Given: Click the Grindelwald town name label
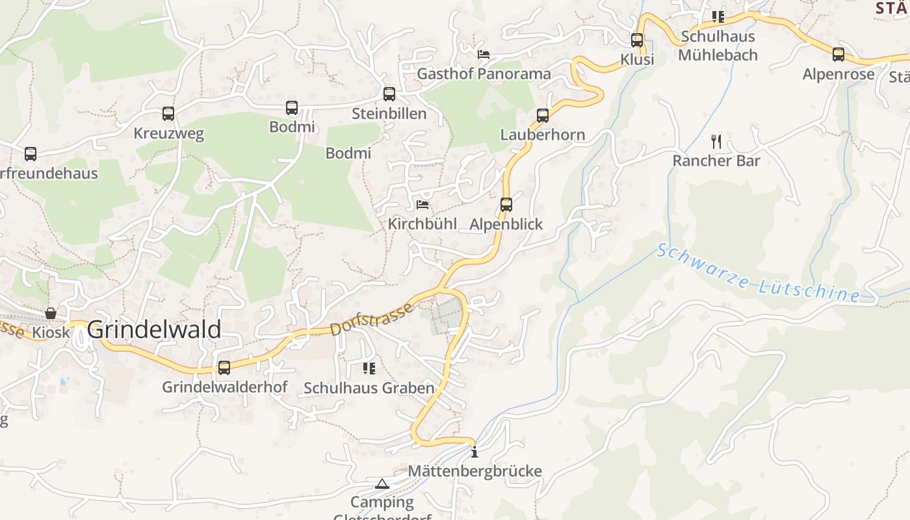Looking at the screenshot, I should point(154,330).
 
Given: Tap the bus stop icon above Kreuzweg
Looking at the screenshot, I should point(168,114).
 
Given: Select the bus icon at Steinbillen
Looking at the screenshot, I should point(389,94).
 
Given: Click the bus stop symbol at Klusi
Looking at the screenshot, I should point(637,40).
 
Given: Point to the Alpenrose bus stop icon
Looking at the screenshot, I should point(838,55).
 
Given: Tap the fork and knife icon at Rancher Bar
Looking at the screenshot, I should point(716,141).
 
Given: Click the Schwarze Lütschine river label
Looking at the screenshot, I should point(758,273).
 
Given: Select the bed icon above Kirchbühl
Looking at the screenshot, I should point(422,205).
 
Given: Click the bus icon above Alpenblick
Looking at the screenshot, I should point(506,205).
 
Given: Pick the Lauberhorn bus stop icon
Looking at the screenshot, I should point(543,116).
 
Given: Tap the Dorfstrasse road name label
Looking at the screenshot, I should point(372,319).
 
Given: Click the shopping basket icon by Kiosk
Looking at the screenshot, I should point(51,313).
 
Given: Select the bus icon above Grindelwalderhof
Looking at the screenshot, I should point(224,368).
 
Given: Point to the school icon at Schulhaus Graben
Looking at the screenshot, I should point(369,369).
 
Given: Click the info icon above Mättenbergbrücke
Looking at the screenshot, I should point(474,452).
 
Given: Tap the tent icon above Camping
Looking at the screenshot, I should point(382,484).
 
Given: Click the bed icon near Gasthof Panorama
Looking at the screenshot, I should point(484,54).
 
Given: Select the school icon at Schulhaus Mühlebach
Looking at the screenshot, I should point(718,16).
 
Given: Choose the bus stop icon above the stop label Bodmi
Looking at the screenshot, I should point(292,108).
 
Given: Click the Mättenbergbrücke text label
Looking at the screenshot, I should point(474,471).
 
